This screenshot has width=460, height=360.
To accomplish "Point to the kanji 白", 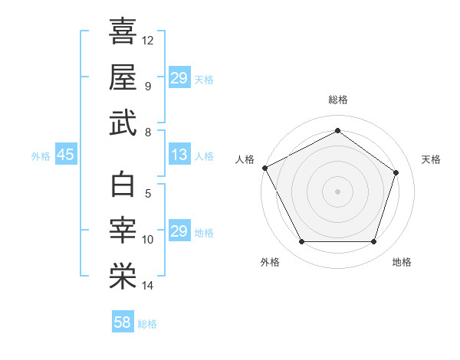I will point(123,185).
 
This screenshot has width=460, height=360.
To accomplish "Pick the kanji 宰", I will point(123,231).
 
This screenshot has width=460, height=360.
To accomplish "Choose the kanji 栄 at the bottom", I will point(123,277).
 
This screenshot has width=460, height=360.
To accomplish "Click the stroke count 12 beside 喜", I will point(148,40).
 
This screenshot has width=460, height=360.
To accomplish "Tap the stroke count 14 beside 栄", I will point(148,286).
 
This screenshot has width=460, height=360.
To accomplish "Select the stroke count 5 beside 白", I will point(148,194).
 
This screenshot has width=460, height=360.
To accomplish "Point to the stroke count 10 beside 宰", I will point(148,240).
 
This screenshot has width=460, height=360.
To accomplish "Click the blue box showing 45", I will point(65,155).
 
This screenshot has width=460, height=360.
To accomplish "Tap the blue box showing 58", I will point(123,322).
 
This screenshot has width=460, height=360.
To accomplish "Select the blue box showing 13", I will point(179,155).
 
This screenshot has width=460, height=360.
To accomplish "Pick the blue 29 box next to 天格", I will point(179,78).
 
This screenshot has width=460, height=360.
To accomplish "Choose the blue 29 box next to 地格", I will point(179,231).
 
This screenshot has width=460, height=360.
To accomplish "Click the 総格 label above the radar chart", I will point(337,100).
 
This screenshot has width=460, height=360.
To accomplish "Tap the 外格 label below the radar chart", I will point(270,262).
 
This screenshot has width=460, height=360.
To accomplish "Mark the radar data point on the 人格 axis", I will point(264,168).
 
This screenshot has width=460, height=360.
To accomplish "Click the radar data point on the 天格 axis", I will point(396,172).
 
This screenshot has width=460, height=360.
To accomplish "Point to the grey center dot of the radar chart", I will point(337,191).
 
